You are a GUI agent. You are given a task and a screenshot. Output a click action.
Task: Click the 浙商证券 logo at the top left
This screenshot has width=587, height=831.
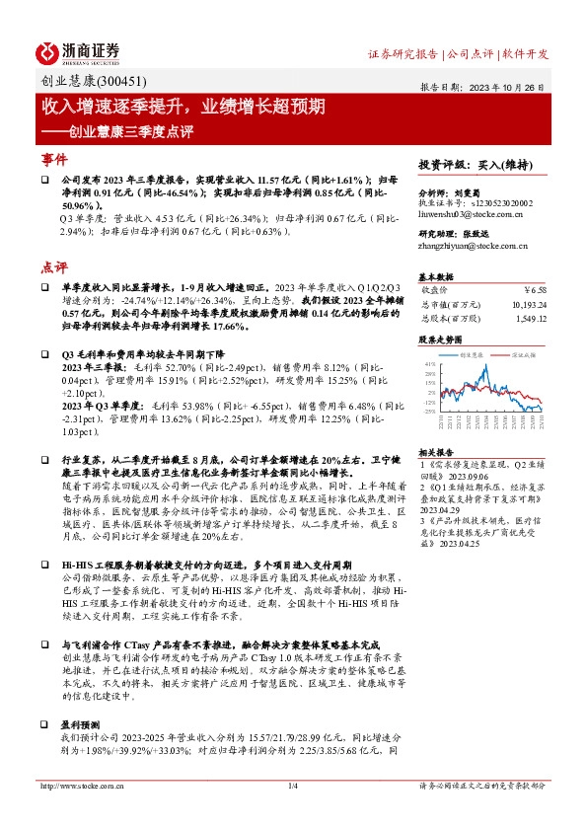click(x=78, y=51)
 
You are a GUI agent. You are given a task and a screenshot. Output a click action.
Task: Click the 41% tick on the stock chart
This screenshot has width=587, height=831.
click(x=429, y=363)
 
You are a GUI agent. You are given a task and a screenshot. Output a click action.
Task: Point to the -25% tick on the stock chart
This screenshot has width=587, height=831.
click(x=429, y=411)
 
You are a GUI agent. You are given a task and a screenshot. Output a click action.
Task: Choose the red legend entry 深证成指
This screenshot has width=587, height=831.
click(x=524, y=352)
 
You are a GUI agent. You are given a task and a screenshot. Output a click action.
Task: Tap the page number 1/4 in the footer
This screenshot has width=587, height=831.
click(x=292, y=814)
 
